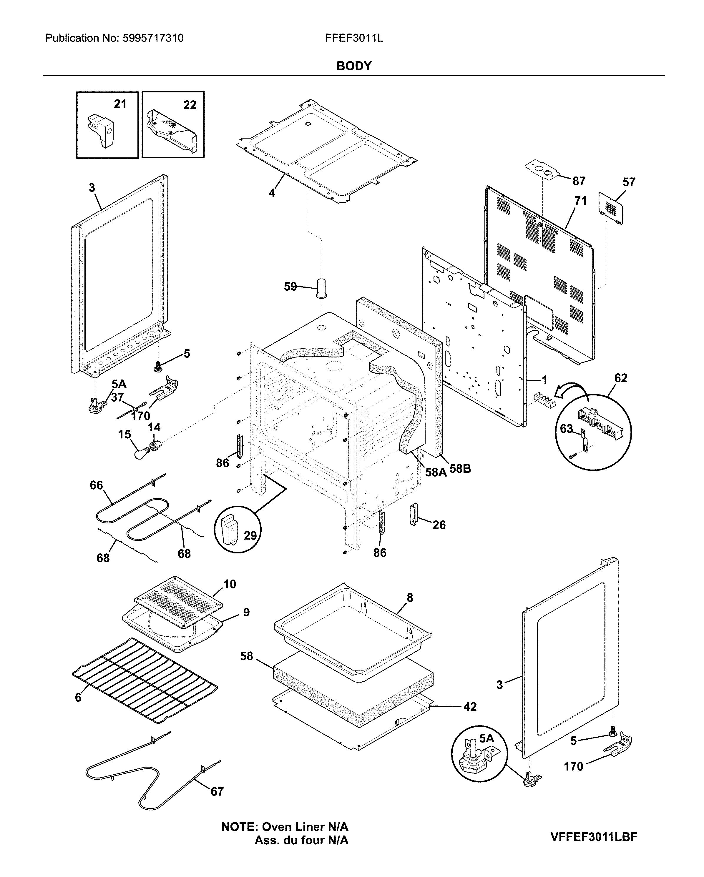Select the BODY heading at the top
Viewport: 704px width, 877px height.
[354, 66]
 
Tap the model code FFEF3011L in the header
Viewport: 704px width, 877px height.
[354, 38]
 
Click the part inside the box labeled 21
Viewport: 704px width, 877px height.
[102, 130]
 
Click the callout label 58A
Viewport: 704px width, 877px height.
[436, 472]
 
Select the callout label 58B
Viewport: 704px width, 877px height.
[460, 469]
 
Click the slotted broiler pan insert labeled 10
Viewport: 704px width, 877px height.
[178, 603]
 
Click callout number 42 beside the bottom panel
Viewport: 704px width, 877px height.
[470, 707]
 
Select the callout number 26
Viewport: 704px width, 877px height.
[439, 525]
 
